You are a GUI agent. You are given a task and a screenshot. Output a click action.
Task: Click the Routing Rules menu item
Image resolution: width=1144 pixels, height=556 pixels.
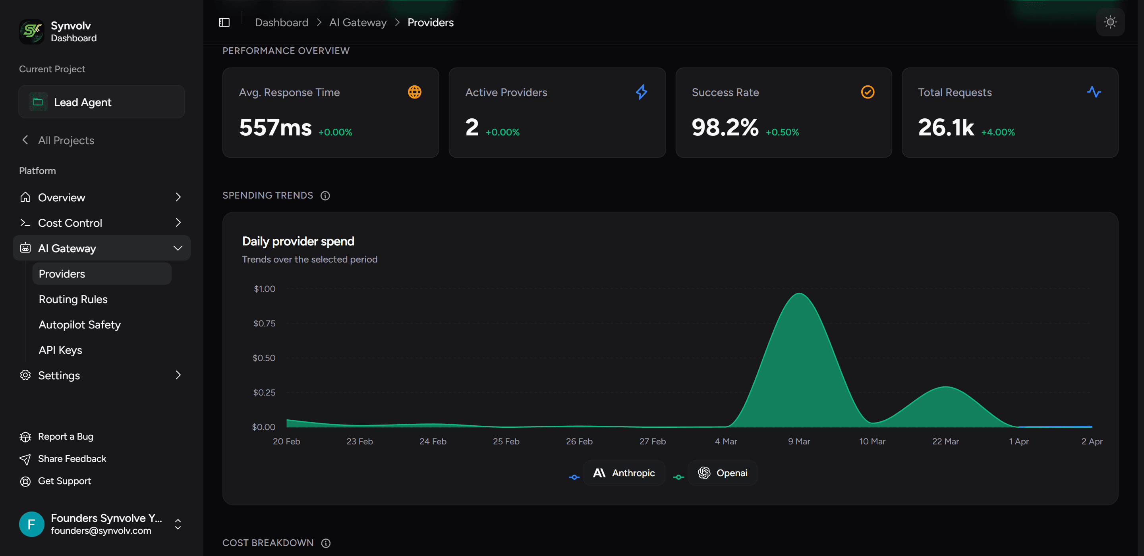coord(73,299)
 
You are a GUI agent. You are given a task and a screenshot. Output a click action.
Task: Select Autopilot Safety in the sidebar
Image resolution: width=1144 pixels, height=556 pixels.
coord(79,324)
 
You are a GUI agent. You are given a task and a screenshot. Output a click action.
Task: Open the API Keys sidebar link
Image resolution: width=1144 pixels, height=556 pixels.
coord(60,350)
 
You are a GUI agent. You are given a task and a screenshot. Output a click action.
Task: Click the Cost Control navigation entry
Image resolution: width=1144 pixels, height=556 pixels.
coord(70,223)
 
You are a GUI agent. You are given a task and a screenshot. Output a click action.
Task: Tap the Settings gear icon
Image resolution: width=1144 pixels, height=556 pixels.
coord(25,375)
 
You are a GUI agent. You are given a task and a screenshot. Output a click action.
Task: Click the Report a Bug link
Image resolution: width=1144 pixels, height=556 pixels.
coord(65,436)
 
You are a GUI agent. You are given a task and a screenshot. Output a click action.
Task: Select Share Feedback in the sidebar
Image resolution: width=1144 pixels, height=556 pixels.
coord(71,459)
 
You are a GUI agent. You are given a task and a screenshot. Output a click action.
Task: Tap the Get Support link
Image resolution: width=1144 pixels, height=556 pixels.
coord(64,481)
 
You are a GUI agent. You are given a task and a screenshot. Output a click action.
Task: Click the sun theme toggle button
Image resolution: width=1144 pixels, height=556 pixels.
coord(1110,22)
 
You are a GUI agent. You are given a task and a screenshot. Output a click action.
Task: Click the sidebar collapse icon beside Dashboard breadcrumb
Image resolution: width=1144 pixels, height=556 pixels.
coord(224,22)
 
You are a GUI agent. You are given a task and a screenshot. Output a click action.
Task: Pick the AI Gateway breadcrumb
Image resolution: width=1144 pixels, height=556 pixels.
coord(357,23)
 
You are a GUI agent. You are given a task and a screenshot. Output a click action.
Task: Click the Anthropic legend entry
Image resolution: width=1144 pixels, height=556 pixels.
coord(624,473)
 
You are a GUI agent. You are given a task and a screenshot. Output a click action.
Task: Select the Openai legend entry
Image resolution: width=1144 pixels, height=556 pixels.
coord(723,473)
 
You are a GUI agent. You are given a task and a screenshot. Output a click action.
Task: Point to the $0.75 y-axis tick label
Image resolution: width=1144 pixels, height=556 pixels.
coord(264,323)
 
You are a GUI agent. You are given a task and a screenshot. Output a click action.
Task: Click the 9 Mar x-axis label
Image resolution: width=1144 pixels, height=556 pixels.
coord(798,442)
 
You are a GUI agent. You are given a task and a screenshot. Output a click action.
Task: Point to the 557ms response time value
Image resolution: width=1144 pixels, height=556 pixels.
coord(275,127)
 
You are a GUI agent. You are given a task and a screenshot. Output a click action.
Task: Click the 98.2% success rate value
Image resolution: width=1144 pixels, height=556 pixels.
coord(725,127)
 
